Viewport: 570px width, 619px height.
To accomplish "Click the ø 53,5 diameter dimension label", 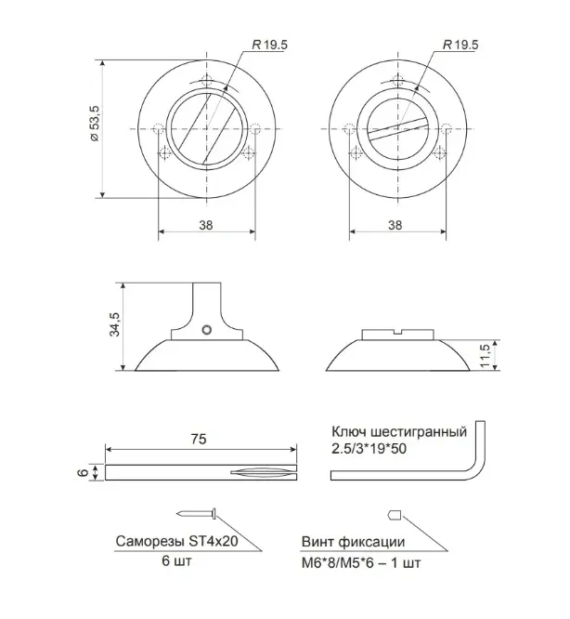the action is [95, 124].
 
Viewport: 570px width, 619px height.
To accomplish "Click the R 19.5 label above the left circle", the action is [269, 45].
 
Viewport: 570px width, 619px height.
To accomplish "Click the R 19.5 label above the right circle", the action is [460, 45].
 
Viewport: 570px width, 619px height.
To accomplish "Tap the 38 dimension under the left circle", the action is [206, 225].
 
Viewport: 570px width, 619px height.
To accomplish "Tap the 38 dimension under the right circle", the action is [395, 225].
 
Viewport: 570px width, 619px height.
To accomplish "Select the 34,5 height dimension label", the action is [114, 324].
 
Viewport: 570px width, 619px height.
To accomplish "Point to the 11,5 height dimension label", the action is [485, 355].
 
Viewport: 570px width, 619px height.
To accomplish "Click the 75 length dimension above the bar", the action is [199, 439].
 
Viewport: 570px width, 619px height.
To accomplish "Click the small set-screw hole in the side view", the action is [207, 330].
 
